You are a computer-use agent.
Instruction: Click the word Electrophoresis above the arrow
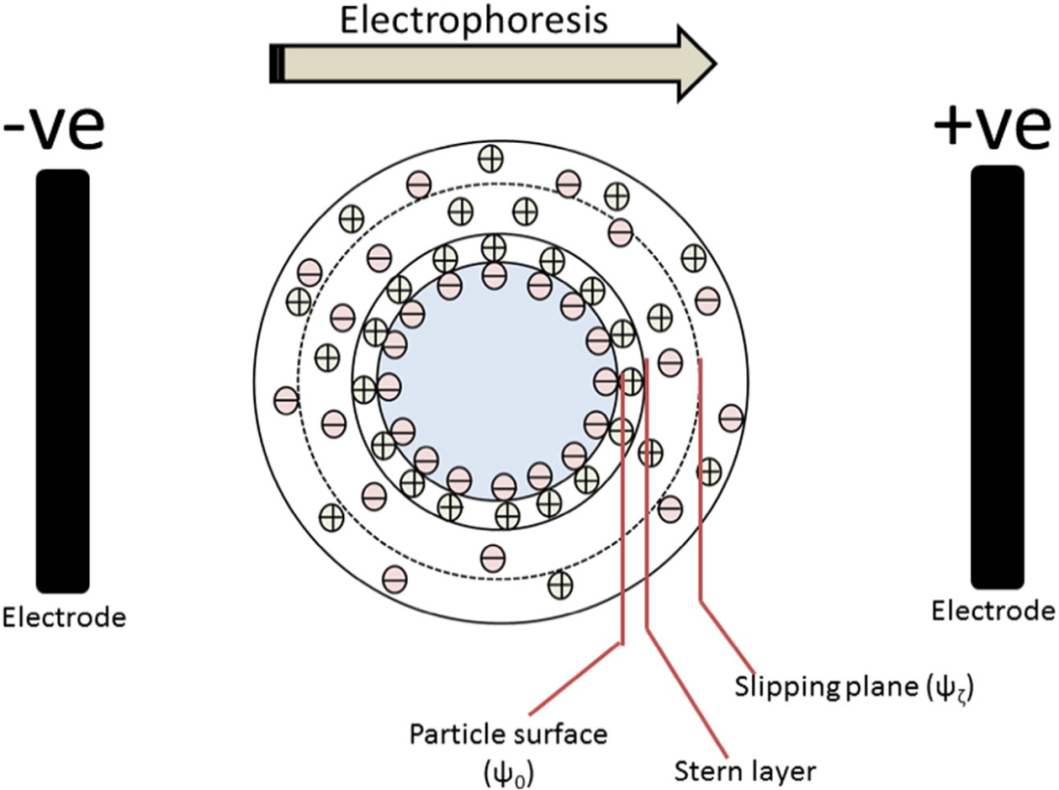(x=474, y=21)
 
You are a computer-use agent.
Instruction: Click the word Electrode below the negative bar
(x=65, y=618)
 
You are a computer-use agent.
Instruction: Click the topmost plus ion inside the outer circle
(x=488, y=158)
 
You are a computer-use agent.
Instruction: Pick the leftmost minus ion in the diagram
(x=286, y=400)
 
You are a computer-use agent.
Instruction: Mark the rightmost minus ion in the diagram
(x=730, y=416)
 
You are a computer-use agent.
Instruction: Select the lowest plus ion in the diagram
(x=560, y=584)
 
